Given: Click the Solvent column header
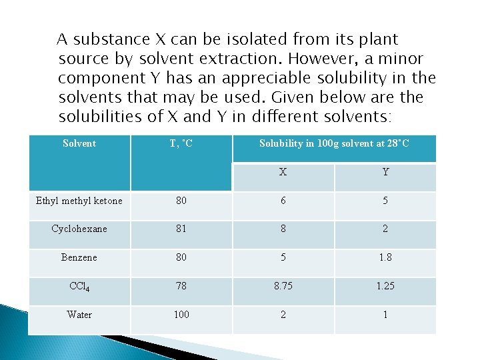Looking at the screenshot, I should (x=79, y=143).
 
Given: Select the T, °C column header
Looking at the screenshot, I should (x=181, y=143).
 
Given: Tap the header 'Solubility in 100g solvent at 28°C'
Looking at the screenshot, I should (x=334, y=143).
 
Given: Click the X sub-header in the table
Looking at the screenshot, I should (x=283, y=172).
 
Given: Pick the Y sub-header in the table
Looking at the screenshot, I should (x=385, y=172).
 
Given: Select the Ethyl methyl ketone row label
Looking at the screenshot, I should (x=79, y=201).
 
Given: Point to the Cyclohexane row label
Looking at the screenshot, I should (x=79, y=229).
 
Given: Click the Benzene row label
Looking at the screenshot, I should (x=79, y=257).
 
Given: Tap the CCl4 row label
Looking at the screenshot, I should (x=79, y=287).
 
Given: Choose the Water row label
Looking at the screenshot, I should (x=79, y=315).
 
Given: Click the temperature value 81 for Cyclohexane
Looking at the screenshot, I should (x=181, y=229).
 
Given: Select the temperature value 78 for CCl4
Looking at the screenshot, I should (x=181, y=286).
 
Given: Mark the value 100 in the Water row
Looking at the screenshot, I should (x=181, y=315).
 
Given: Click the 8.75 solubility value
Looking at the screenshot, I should (x=283, y=286).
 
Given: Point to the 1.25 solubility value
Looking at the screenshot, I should (x=385, y=286).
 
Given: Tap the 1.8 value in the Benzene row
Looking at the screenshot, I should (x=385, y=257).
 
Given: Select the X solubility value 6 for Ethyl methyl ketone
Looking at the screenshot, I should (x=283, y=201).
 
